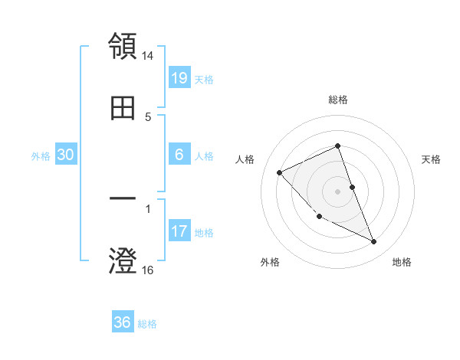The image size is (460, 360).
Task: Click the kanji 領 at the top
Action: pyautogui.click(x=123, y=46)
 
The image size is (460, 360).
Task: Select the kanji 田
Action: pyautogui.click(x=123, y=109)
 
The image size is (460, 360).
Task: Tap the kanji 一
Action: pyautogui.click(x=123, y=199)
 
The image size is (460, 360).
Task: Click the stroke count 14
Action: pyautogui.click(x=148, y=57)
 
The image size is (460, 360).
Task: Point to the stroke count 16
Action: pyautogui.click(x=148, y=270)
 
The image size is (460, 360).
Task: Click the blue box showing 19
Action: pyautogui.click(x=179, y=77)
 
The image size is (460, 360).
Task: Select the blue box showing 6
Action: pyautogui.click(x=179, y=155)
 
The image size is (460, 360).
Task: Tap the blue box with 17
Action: pyautogui.click(x=179, y=231)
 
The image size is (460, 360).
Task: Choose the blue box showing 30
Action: pyautogui.click(x=66, y=155)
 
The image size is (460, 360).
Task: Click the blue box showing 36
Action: pyautogui.click(x=123, y=322)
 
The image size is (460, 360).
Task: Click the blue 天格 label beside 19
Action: pyautogui.click(x=204, y=79)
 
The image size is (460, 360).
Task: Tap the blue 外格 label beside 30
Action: pyautogui.click(x=41, y=156)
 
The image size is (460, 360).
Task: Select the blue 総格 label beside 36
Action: pyautogui.click(x=147, y=324)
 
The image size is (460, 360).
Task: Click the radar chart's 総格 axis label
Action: pyautogui.click(x=338, y=100)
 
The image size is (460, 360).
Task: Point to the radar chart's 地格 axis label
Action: pyautogui.click(x=402, y=262)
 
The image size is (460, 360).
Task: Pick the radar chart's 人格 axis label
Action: pyautogui.click(x=245, y=159)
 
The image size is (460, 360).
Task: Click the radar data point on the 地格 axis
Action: pyautogui.click(x=374, y=242)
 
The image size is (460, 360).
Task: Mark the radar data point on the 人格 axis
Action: pyautogui.click(x=280, y=172)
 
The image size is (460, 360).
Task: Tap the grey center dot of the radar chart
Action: pyautogui.click(x=338, y=191)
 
